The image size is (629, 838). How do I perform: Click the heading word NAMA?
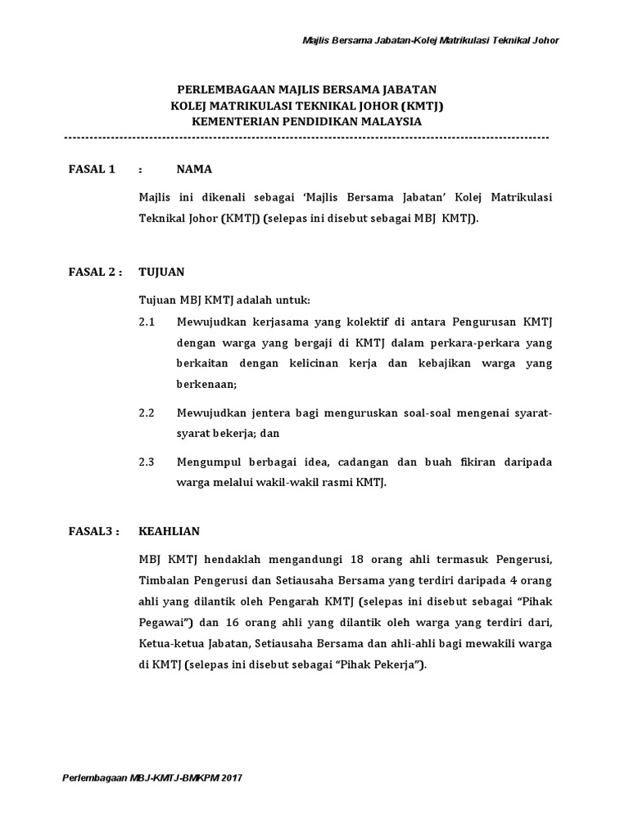(x=194, y=169)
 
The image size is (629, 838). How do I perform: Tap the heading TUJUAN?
(x=162, y=273)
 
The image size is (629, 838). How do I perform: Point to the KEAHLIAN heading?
(x=170, y=531)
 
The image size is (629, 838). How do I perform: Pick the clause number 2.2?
(x=147, y=413)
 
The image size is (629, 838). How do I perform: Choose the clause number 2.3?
(x=147, y=462)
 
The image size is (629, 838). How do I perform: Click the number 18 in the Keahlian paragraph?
(x=356, y=559)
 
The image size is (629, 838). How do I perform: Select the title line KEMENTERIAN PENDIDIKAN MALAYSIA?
(x=306, y=120)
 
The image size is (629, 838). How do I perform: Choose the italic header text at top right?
(x=425, y=41)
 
